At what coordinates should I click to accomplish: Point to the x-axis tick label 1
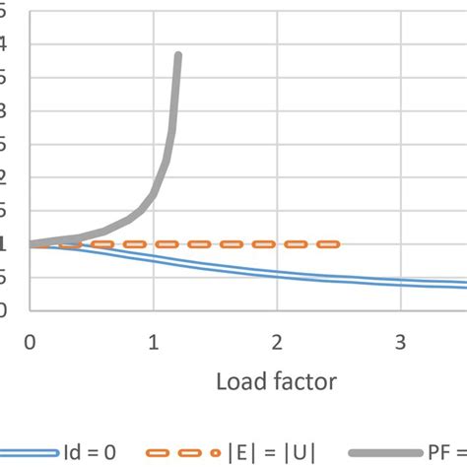tap(154, 342)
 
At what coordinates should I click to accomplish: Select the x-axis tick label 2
tap(278, 342)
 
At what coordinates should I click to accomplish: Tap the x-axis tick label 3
tap(401, 342)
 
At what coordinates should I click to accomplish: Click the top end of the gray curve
tap(177, 56)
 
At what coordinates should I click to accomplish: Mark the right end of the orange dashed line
tap(338, 243)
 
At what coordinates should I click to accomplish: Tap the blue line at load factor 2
tap(278, 275)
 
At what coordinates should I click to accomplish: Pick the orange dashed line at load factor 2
tap(278, 243)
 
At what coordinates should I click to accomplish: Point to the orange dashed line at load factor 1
tap(154, 243)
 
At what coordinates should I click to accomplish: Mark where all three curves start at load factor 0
tap(31, 243)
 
